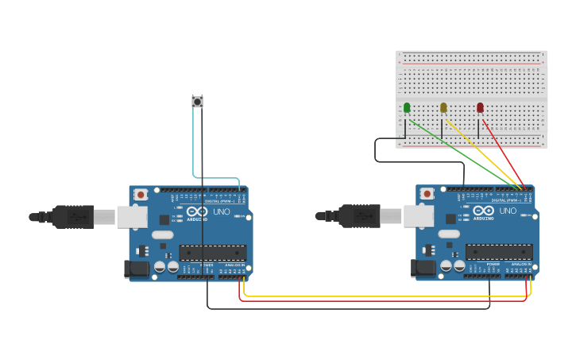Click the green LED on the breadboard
point(407,107)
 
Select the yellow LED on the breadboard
point(443,107)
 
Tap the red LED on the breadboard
point(480,107)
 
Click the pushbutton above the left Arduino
point(197,101)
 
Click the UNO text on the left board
point(220,211)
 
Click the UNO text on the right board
point(507,211)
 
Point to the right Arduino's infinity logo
point(482,211)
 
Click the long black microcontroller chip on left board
point(212,253)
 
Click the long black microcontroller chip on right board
point(499,252)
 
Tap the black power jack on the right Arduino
point(424,269)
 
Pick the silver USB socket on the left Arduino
point(132,217)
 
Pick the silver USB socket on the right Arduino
point(419,216)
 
